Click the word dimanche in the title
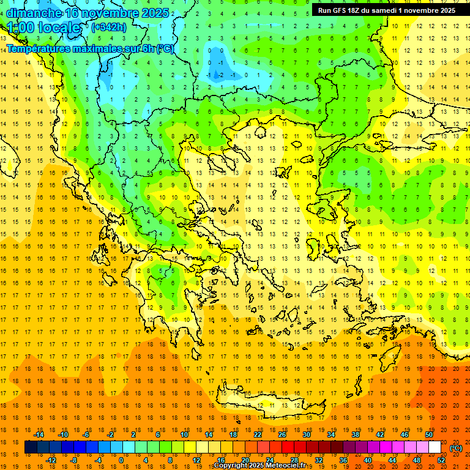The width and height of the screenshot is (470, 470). (34, 13)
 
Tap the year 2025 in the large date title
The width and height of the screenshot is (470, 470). (149, 13)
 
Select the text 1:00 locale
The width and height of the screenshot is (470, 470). (44, 28)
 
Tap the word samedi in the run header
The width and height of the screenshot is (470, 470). (391, 10)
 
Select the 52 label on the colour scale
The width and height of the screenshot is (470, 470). (442, 460)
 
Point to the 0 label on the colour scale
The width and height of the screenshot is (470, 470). (121, 460)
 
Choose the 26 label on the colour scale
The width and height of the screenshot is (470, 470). (282, 435)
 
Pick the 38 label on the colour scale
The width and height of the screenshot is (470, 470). (355, 435)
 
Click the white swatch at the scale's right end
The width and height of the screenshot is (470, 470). (435, 447)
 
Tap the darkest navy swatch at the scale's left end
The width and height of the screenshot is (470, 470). (31, 447)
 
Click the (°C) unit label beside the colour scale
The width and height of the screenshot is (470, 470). (456, 448)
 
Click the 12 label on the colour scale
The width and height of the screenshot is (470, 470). (196, 460)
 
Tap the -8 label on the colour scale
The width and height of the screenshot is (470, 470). (74, 460)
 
